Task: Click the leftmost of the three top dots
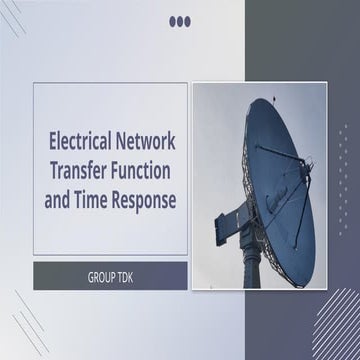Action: tap(173, 20)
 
